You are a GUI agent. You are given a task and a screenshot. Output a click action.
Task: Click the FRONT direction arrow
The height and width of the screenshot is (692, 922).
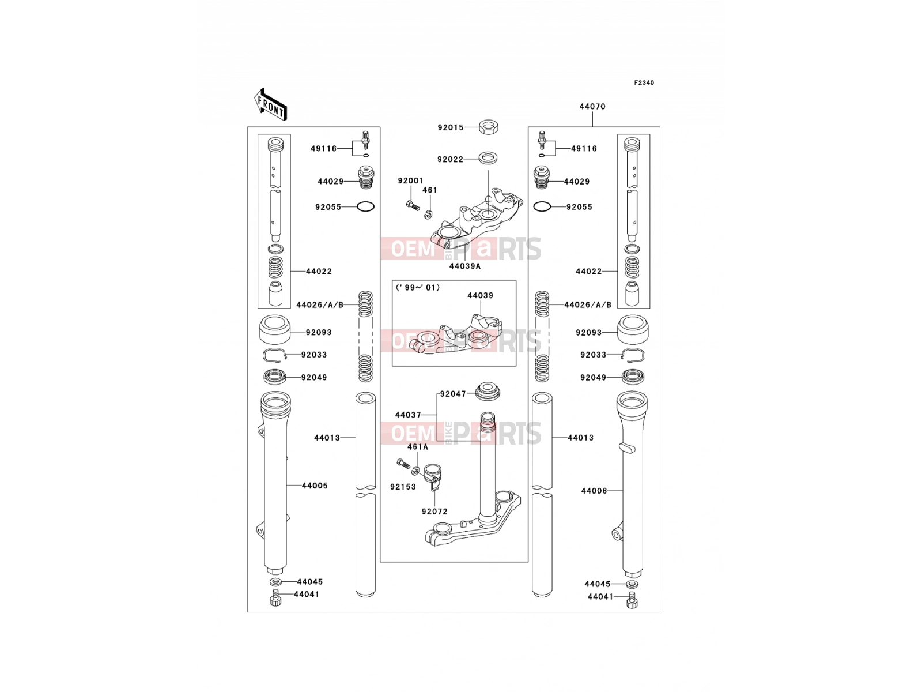(270, 104)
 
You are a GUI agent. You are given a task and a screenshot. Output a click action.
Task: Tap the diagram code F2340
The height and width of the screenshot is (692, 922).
(644, 83)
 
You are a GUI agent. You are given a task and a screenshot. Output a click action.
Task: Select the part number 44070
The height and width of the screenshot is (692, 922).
(592, 107)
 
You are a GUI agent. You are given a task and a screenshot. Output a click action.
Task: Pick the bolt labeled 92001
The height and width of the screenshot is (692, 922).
(413, 206)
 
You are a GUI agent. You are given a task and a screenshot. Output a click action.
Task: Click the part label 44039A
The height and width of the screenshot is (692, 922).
(464, 266)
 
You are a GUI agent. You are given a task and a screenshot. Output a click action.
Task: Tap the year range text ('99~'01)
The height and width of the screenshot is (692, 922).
(418, 288)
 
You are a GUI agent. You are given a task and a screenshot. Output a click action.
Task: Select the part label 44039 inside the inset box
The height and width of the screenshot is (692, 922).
(480, 295)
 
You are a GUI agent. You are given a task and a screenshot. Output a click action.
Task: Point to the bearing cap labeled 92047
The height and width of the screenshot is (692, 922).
(488, 391)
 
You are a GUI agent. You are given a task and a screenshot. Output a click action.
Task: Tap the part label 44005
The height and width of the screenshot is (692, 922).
(314, 486)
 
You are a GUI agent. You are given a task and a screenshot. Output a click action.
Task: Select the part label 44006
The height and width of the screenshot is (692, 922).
(594, 491)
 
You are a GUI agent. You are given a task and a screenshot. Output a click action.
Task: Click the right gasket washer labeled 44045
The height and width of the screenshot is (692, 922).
(632, 584)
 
